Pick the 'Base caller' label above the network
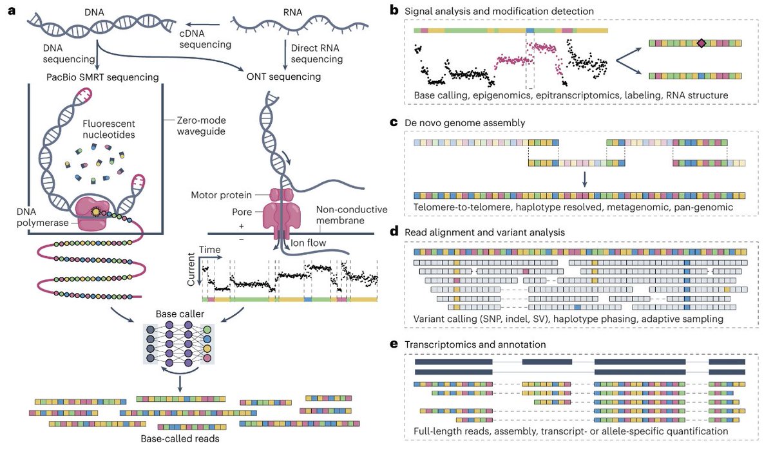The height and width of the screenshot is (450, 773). point(176,314)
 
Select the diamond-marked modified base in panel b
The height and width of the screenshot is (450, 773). point(701,43)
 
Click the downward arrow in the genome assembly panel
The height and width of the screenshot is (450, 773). point(584,178)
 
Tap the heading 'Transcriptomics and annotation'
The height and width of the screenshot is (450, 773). point(481,344)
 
